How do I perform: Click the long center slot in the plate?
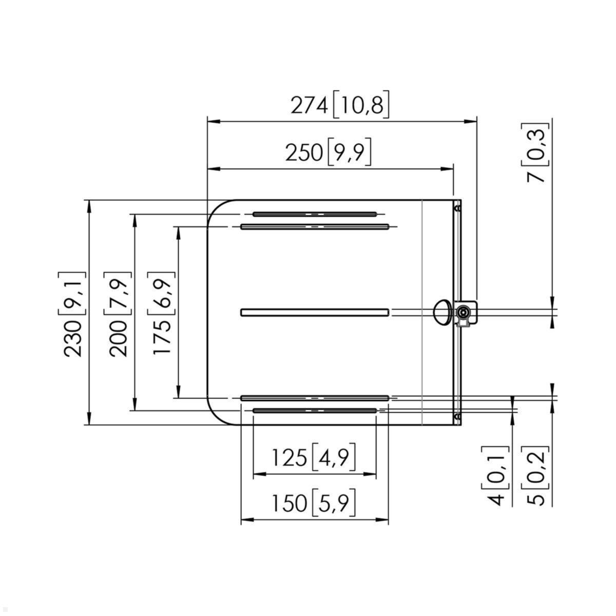[x=315, y=312]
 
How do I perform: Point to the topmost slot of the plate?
[x=315, y=214]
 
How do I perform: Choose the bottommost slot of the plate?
[x=315, y=411]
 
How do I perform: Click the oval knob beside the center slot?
[x=442, y=312]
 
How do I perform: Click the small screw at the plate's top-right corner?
[x=457, y=208]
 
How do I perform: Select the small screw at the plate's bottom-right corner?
[x=457, y=416]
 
